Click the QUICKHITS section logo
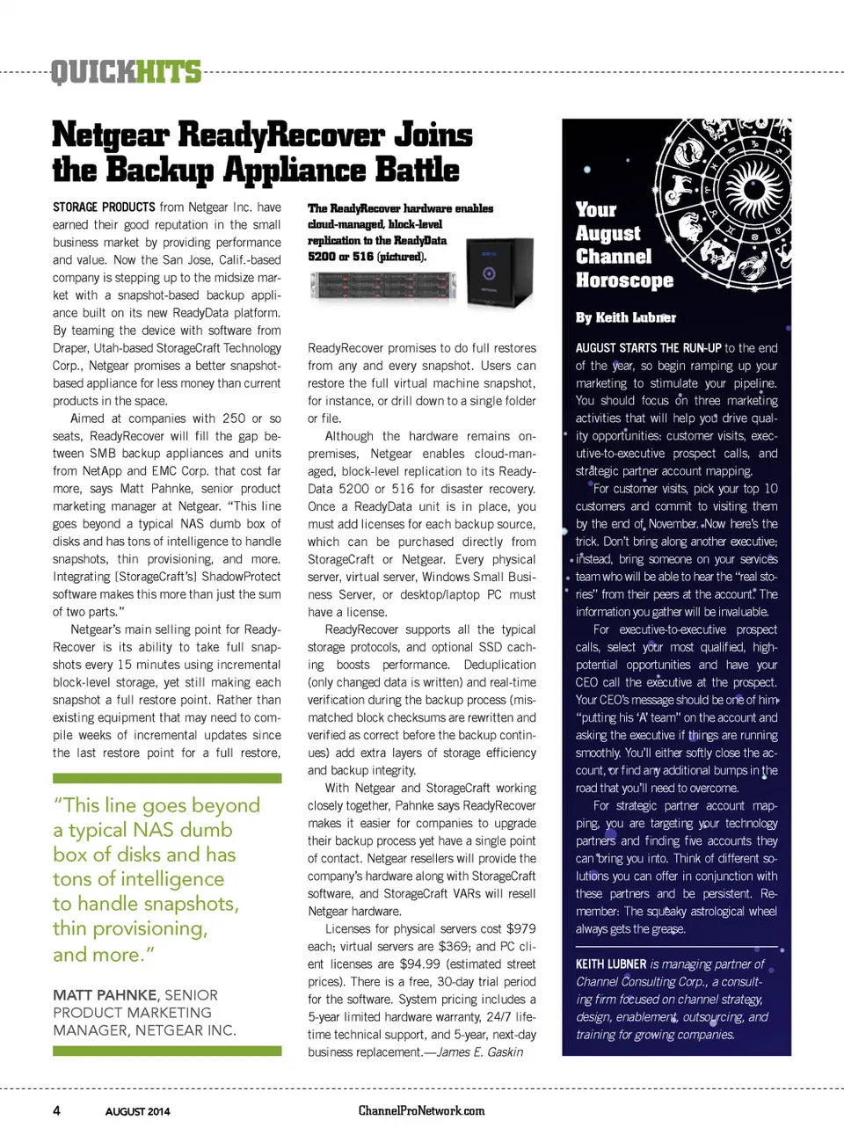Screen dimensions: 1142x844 tap(126, 71)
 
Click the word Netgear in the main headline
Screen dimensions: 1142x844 tap(110, 135)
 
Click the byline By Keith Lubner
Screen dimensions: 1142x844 tap(625, 317)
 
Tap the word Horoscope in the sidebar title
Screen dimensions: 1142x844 tap(624, 280)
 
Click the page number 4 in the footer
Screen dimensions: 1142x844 tap(57, 1110)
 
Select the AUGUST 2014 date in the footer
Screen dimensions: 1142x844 tap(137, 1111)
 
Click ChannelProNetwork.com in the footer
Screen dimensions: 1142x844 tap(421, 1110)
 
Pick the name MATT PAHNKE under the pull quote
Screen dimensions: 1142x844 tap(105, 995)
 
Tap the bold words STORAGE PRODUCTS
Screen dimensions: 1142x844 tap(104, 207)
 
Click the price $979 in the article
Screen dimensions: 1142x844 tap(520, 928)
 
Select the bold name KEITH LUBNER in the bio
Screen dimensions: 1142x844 tap(611, 964)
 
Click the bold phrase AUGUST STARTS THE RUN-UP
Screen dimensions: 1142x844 tap(648, 348)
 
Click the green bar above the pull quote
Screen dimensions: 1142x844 tap(167, 778)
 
